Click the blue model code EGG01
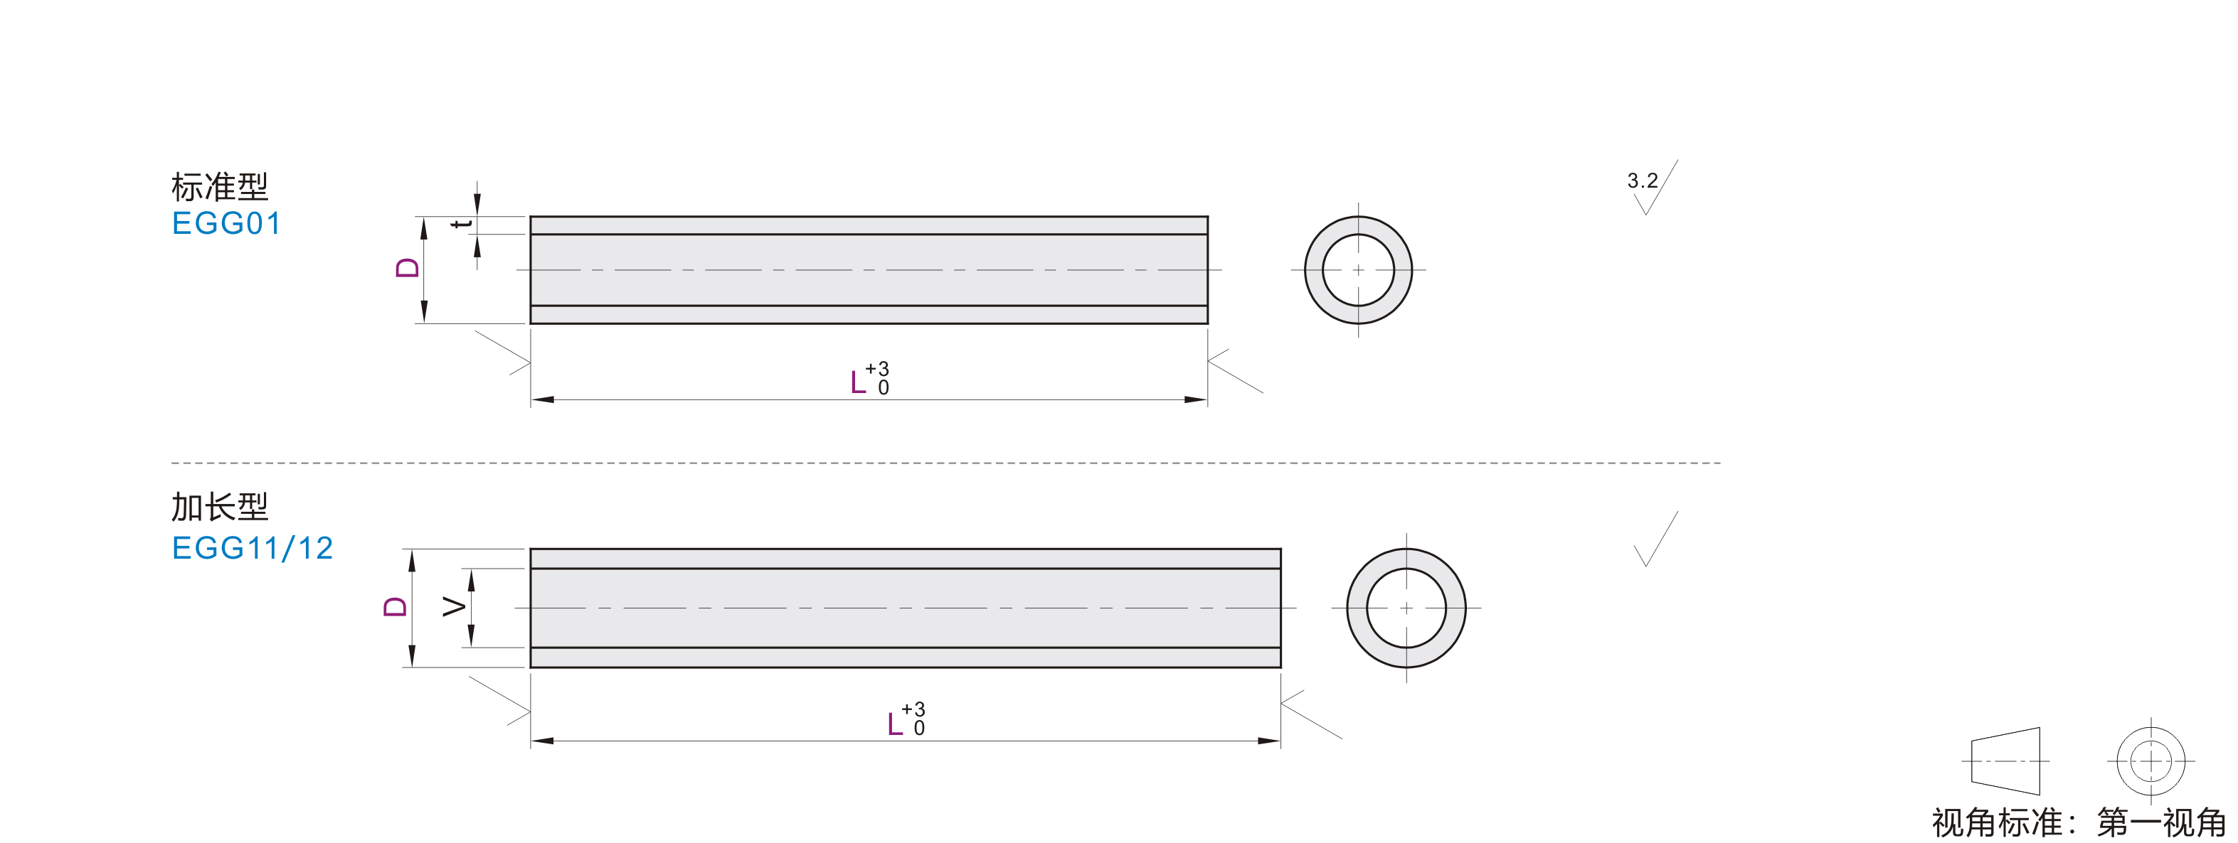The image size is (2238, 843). pos(226,223)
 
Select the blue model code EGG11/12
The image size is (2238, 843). pos(252,548)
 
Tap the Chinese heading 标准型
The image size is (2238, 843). pos(220,187)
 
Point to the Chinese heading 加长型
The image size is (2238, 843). pos(220,507)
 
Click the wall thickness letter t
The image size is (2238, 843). pos(462,224)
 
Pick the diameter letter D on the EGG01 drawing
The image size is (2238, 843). pos(407,267)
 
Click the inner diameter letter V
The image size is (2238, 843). pos(454,606)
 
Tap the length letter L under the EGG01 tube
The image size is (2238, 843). pos(859,382)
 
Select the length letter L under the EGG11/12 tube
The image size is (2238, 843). pos(895,723)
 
